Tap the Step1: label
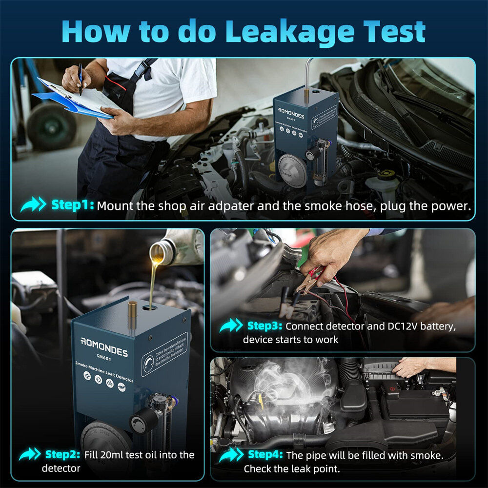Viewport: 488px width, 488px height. coord(72,205)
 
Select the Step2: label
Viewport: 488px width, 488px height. coord(62,455)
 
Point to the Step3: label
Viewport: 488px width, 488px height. coord(264,326)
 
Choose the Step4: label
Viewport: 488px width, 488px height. coord(265,455)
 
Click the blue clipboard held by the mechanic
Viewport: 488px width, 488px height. coord(73,100)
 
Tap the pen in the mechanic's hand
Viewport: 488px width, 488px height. coord(80,78)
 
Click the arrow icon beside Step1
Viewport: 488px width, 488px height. coord(33,205)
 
